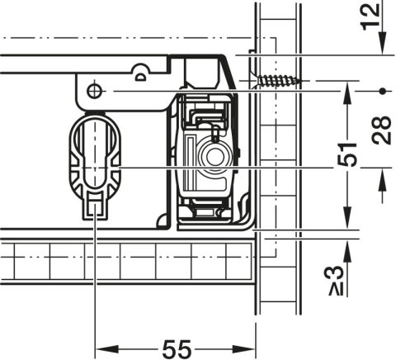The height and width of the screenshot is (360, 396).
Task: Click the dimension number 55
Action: pyautogui.click(x=177, y=348)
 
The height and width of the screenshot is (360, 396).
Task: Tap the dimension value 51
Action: pyautogui.click(x=347, y=154)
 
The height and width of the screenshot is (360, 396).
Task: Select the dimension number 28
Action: pyautogui.click(x=381, y=130)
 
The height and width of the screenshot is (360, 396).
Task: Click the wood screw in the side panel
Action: pyautogui.click(x=275, y=80)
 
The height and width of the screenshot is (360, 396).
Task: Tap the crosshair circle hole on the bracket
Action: pyautogui.click(x=94, y=91)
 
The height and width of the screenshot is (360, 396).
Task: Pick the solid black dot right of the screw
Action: pyautogui.click(x=382, y=91)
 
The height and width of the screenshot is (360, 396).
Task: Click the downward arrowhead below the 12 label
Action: pyautogui.click(x=383, y=43)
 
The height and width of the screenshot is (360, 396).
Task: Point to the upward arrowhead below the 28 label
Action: pyautogui.click(x=383, y=179)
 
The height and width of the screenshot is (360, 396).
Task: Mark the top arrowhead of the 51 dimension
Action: pyautogui.click(x=347, y=93)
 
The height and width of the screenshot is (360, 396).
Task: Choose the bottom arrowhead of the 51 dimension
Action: pyautogui.click(x=347, y=217)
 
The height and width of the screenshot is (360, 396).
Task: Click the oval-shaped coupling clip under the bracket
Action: pyautogui.click(x=95, y=166)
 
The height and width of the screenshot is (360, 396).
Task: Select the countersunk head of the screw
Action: pyautogui.click(x=253, y=80)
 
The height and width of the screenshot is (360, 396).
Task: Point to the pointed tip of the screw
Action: pyautogui.click(x=299, y=81)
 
